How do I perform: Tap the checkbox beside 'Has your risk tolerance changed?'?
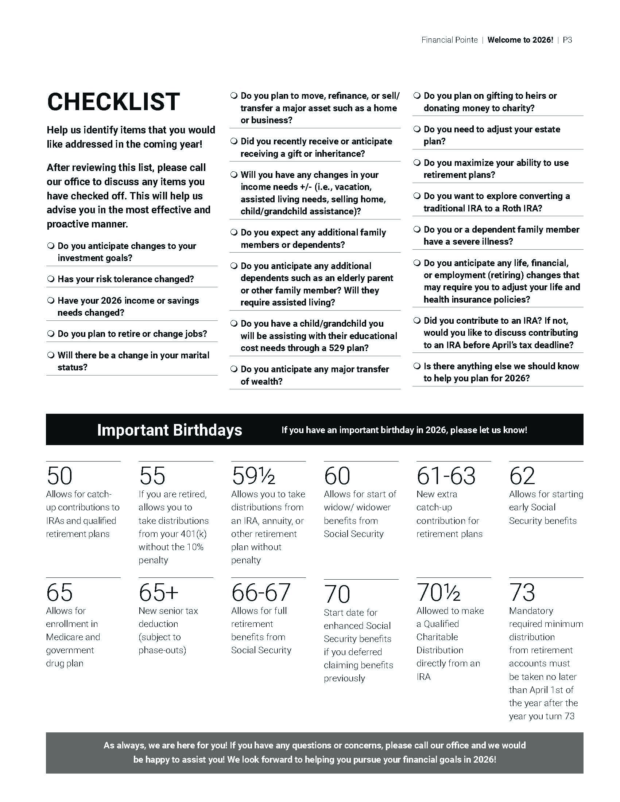coord(51,279)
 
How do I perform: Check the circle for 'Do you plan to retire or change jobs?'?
coord(51,334)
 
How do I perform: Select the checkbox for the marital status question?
coord(51,355)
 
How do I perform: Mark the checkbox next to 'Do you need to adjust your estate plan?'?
coord(417,129)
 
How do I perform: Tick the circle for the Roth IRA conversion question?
coord(417,196)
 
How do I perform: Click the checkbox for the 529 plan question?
coord(234,323)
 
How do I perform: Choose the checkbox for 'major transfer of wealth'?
coord(234,369)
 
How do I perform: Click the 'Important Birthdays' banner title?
coord(170,430)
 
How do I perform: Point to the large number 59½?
coord(253,476)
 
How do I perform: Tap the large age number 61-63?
coord(446,476)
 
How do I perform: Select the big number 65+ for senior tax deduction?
coord(159,592)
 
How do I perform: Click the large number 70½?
coord(438,592)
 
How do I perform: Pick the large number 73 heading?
coord(522,592)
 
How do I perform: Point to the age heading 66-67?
coord(261,592)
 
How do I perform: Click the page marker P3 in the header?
coord(567,40)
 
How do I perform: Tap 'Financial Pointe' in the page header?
coord(450,40)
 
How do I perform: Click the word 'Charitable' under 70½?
coord(437,637)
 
